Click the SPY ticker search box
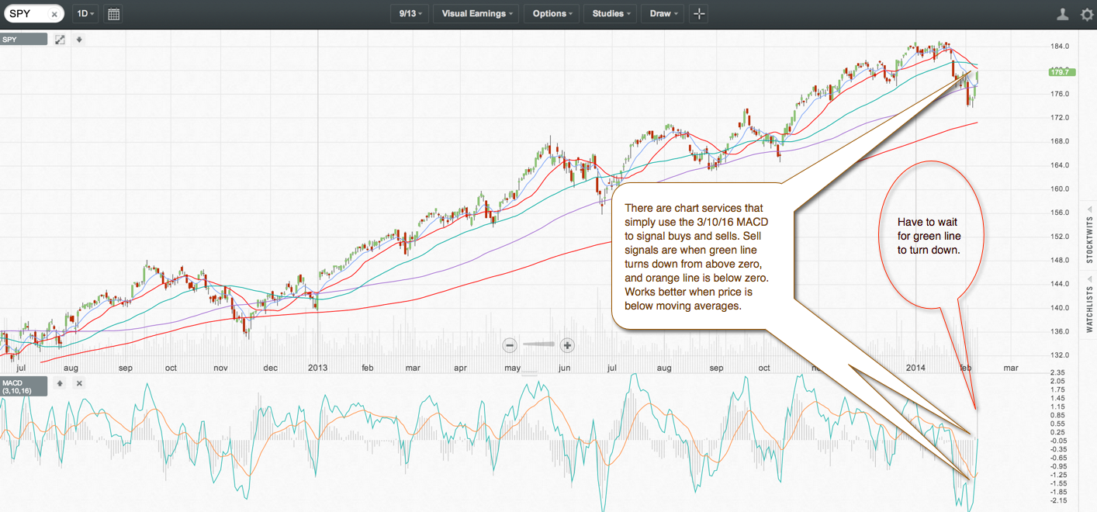pyautogui.click(x=27, y=14)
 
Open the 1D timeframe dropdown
pyautogui.click(x=85, y=14)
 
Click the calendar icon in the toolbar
pyautogui.click(x=113, y=14)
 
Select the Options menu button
pyautogui.click(x=552, y=14)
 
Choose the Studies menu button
pyautogui.click(x=611, y=14)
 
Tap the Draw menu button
pyautogui.click(x=664, y=14)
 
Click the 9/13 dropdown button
pyautogui.click(x=410, y=14)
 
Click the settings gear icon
pyautogui.click(x=1087, y=14)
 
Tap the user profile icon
pyautogui.click(x=1064, y=14)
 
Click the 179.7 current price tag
pyautogui.click(x=1060, y=72)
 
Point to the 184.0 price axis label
pyautogui.click(x=1060, y=47)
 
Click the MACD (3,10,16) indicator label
pyautogui.click(x=23, y=386)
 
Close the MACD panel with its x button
pyautogui.click(x=79, y=383)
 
